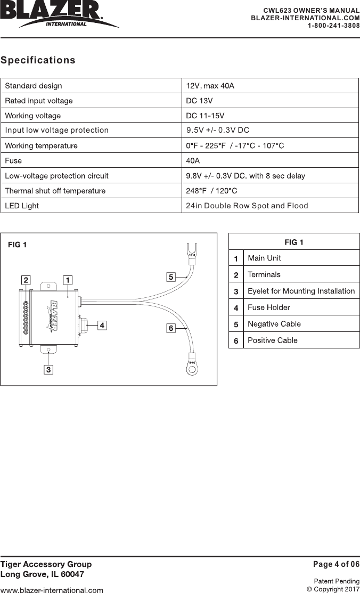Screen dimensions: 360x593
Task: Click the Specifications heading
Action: click(38, 60)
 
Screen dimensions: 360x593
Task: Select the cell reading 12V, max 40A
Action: click(210, 86)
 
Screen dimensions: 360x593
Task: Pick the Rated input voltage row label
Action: click(39, 101)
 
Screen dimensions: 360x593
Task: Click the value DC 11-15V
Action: click(205, 116)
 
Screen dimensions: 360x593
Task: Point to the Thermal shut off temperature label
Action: click(55, 191)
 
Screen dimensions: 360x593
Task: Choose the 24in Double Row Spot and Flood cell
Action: click(247, 206)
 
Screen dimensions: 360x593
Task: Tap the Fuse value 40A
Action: click(193, 160)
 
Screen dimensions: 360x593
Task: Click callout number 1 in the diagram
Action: click(68, 279)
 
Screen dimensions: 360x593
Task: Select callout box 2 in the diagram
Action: click(26, 279)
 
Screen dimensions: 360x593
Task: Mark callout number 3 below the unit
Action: click(48, 369)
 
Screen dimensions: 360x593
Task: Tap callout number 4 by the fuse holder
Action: click(101, 324)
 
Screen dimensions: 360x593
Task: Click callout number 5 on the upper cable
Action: click(170, 277)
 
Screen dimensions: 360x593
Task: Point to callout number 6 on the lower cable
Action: click(170, 328)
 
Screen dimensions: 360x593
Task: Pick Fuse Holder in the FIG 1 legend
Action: click(269, 307)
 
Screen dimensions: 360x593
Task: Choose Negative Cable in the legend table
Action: click(274, 324)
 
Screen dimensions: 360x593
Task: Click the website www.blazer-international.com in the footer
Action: click(52, 590)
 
